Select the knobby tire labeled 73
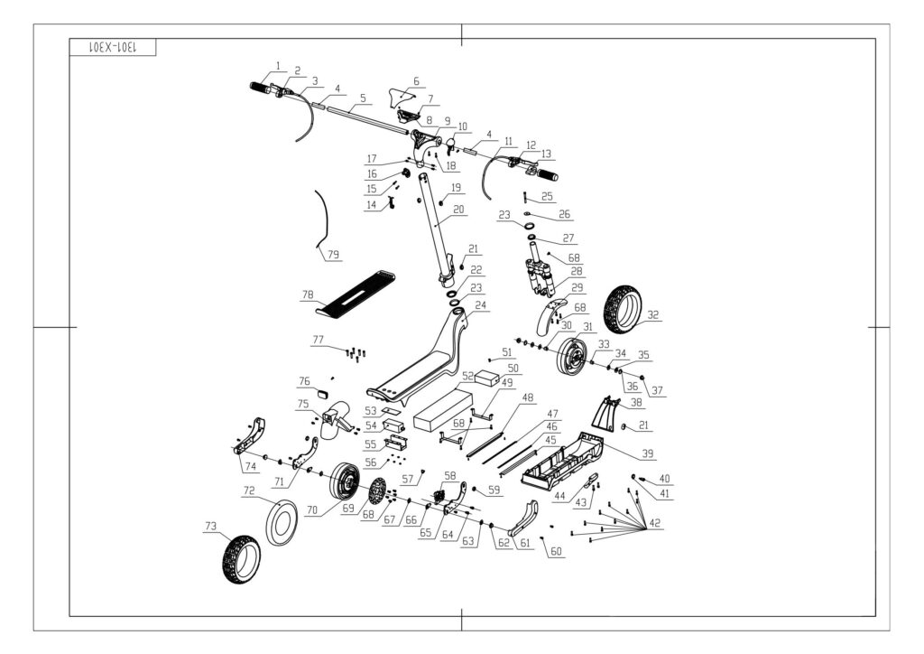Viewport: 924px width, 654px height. [x=240, y=558]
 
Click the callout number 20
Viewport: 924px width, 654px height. [x=458, y=210]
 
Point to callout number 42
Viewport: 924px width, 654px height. [x=654, y=524]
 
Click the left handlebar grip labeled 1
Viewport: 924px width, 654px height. [x=262, y=89]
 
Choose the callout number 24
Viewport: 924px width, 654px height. [x=480, y=305]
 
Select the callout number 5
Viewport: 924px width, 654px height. [x=362, y=97]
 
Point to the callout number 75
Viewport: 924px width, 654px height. [x=303, y=404]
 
